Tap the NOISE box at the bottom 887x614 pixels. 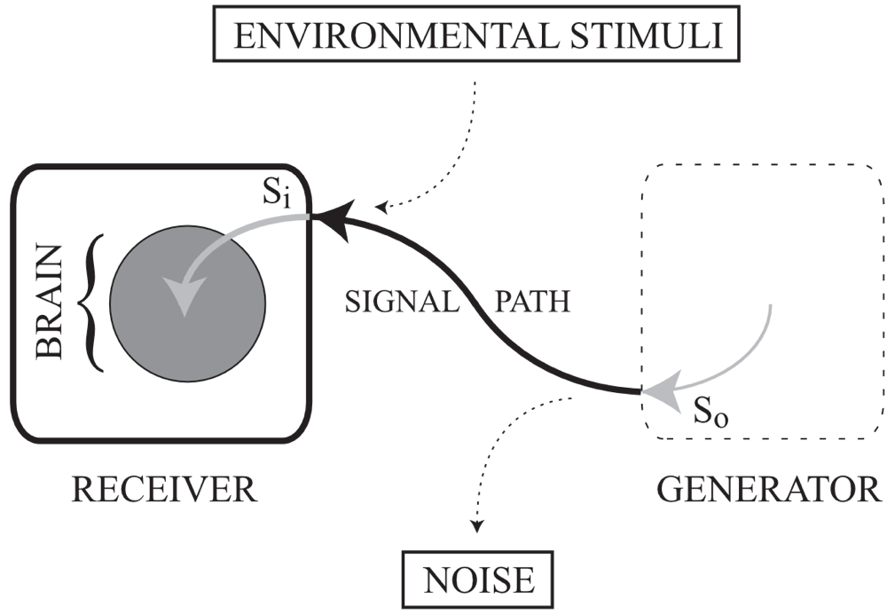(480, 579)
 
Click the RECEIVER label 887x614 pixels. (164, 489)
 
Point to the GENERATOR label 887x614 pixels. (768, 489)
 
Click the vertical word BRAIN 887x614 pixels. (50, 302)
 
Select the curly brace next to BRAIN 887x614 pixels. (91, 302)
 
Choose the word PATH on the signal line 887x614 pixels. (531, 302)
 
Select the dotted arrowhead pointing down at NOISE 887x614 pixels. (477, 527)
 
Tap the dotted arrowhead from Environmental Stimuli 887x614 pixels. (382, 209)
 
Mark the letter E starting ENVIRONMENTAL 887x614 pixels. (241, 36)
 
